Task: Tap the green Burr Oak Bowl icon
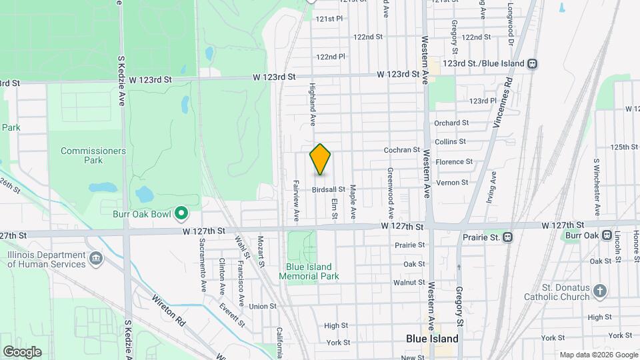coord(181,214)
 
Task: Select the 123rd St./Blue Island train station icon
coord(532,63)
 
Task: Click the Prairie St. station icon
coord(508,236)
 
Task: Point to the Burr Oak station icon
coord(607,235)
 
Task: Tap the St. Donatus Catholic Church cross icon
coord(600,291)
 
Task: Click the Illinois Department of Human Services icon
coord(95,257)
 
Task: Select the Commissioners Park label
coord(93,155)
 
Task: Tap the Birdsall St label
coord(328,190)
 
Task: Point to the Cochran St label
coord(401,151)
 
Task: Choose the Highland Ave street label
coord(312,105)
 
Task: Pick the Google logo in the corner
coord(22,351)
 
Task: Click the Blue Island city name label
coord(431,339)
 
